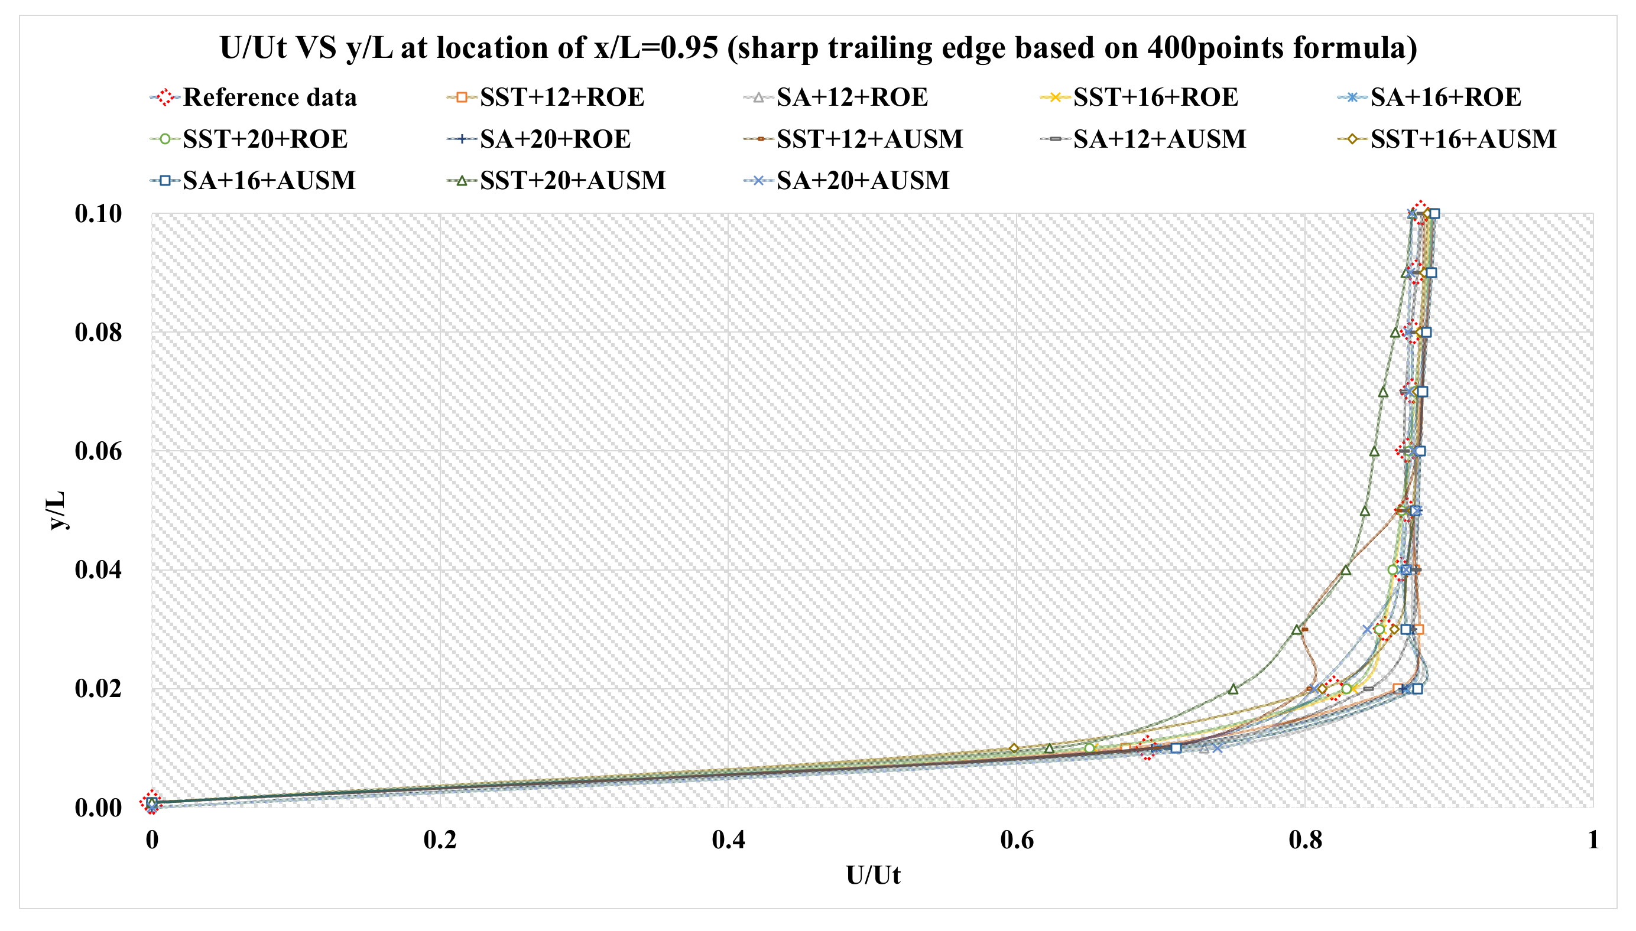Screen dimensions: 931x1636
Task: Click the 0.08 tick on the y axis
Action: [98, 333]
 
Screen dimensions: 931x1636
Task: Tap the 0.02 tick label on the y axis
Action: [98, 689]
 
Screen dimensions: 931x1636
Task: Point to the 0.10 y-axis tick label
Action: [98, 214]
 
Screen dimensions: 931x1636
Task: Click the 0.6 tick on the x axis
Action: [1016, 839]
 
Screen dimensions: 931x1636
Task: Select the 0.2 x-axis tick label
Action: [440, 839]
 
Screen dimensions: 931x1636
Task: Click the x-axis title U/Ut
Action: [872, 875]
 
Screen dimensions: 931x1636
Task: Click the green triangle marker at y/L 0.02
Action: [1233, 689]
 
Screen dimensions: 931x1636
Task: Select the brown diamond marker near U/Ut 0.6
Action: [1014, 748]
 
